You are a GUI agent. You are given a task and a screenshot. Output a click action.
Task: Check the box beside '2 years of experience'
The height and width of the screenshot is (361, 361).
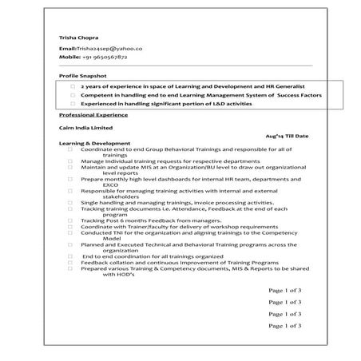[73, 85]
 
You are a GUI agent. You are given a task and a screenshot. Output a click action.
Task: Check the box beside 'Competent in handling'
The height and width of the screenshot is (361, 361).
[73, 94]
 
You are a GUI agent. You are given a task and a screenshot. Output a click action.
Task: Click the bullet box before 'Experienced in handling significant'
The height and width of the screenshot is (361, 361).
[73, 104]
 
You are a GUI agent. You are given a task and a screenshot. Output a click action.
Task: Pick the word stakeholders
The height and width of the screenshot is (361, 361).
[121, 196]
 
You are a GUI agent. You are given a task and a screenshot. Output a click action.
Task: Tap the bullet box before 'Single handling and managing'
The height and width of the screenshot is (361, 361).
[70, 202]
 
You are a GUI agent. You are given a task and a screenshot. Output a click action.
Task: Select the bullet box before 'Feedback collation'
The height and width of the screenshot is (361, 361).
[70, 261]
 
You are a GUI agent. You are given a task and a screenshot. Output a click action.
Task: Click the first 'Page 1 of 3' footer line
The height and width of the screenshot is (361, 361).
[284, 290]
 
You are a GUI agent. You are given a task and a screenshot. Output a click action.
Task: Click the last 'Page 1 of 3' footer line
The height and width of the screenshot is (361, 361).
[284, 326]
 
